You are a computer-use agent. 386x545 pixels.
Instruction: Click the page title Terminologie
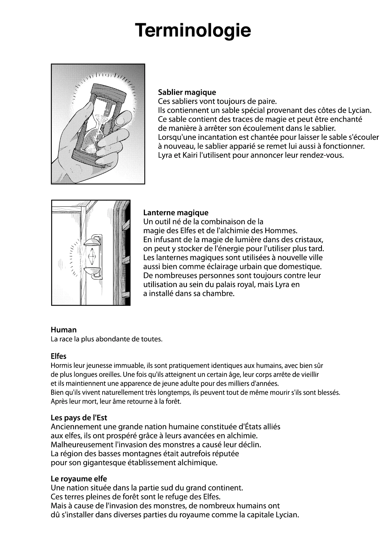pyautogui.click(x=193, y=30)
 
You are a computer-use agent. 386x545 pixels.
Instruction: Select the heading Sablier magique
pyautogui.click(x=187, y=92)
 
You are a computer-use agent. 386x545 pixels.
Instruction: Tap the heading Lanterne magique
pyautogui.click(x=176, y=213)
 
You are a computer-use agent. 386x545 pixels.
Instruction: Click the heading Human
pyautogui.click(x=64, y=330)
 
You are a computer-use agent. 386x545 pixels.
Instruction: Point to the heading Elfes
pyautogui.click(x=58, y=356)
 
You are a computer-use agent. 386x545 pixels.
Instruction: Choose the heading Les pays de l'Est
pyautogui.click(x=79, y=418)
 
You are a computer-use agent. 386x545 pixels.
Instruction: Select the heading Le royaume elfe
pyautogui.click(x=79, y=478)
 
